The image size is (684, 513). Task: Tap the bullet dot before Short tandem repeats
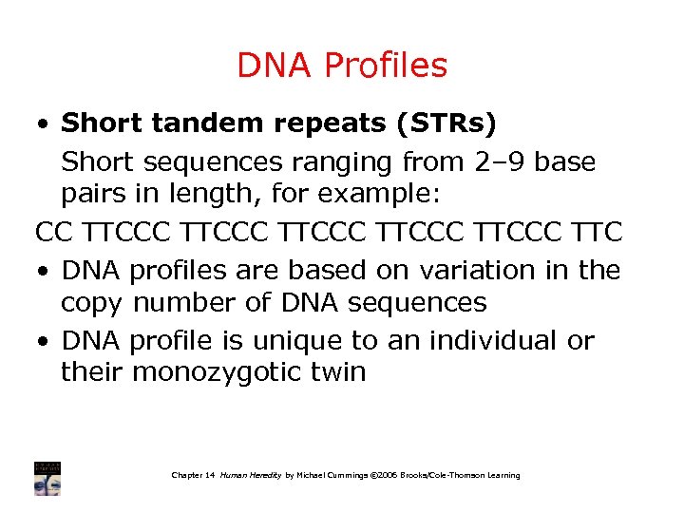tap(44, 124)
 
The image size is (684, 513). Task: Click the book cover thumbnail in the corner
tap(47, 478)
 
